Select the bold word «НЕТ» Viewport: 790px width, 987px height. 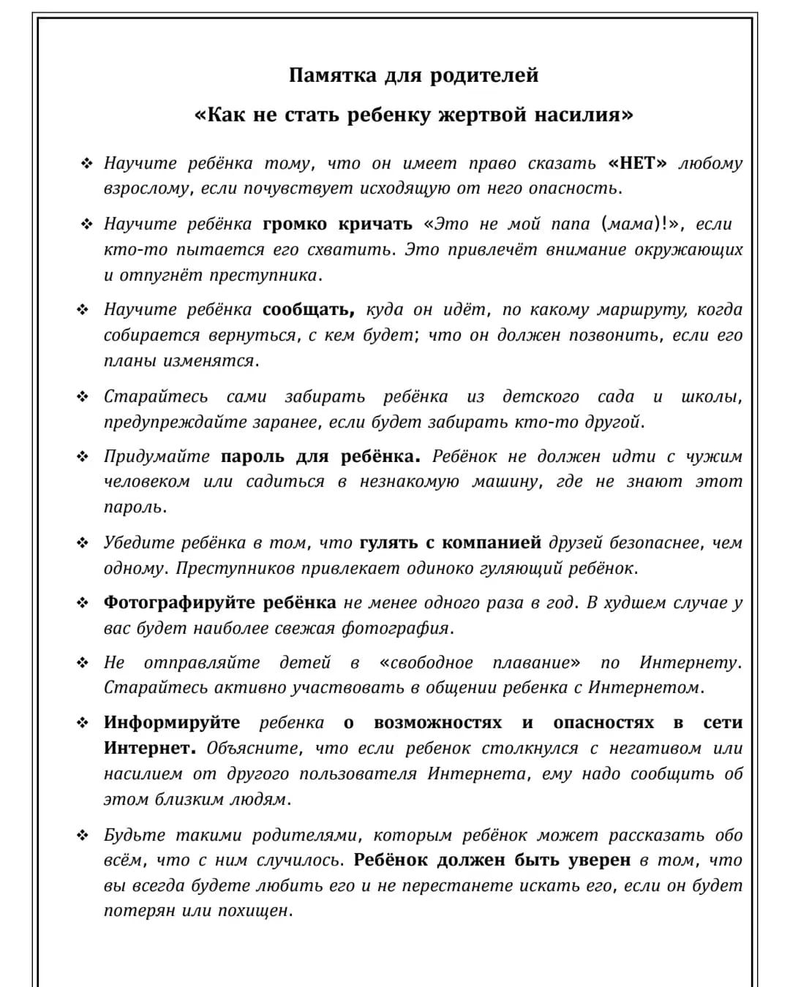tap(637, 163)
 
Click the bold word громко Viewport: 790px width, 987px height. tap(295, 224)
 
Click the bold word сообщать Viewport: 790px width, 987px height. tap(308, 310)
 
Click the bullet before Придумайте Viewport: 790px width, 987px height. tap(83, 457)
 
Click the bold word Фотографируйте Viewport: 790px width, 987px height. tap(178, 602)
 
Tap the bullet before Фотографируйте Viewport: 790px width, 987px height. tap(83, 603)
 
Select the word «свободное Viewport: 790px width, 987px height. tap(426, 662)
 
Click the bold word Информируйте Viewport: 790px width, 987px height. tap(171, 722)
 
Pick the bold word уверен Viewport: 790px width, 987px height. tap(601, 861)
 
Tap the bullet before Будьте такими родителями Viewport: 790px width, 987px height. tap(83, 836)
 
